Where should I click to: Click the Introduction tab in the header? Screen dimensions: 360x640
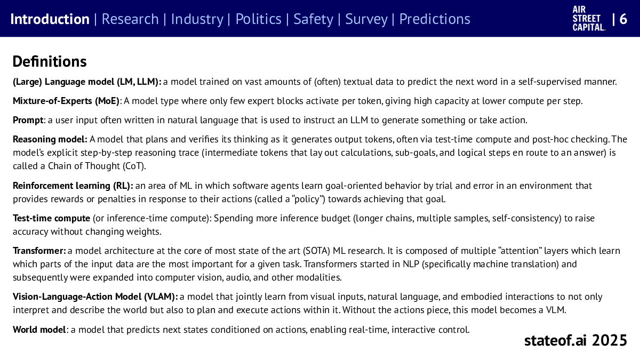50,19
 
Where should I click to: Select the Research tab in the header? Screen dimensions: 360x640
130,19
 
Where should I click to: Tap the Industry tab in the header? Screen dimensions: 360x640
197,19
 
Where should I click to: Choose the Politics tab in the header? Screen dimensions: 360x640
258,19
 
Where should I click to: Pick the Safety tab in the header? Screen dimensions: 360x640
314,19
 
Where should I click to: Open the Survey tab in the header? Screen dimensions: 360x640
366,19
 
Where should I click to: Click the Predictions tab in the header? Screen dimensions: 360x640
435,19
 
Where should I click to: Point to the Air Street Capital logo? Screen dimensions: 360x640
589,19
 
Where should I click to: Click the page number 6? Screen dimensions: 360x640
623,19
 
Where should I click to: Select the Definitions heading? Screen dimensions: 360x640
50,61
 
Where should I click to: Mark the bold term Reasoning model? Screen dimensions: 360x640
50,139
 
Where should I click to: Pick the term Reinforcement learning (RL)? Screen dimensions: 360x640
73,186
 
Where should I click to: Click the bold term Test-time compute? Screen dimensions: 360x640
52,218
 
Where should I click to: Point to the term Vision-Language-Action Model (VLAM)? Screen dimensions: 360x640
95,297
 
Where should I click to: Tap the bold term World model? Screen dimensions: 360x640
39,329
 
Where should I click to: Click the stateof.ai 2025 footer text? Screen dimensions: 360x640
575,340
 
